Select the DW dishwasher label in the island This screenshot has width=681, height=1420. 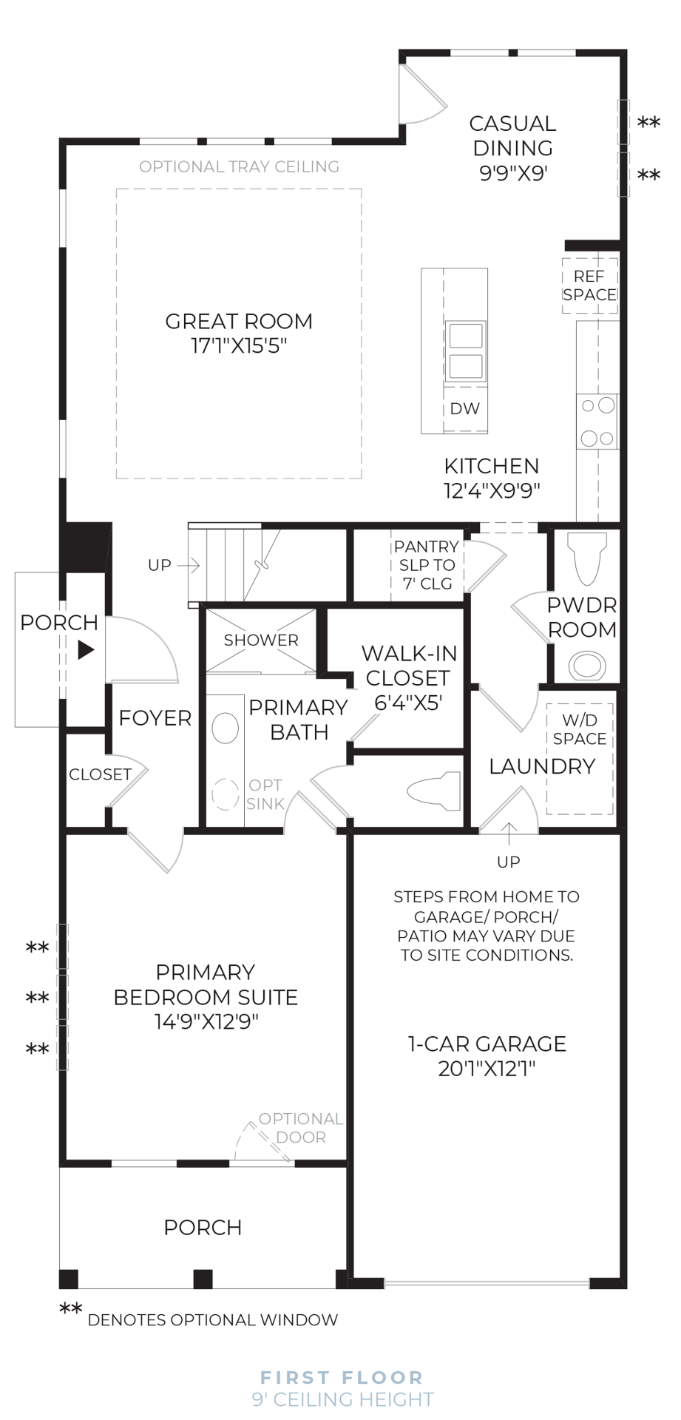coord(464,408)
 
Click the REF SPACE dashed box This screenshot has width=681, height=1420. coord(589,285)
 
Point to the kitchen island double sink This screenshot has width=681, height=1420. coord(465,351)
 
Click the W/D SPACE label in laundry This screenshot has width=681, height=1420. coord(580,729)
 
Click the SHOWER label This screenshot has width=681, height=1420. coord(261,640)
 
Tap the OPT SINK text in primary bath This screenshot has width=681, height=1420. coord(265,794)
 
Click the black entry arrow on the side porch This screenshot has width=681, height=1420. coord(87,650)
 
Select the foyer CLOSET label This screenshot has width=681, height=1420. coord(100,774)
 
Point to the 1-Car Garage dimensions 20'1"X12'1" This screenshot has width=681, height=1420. coord(487,1069)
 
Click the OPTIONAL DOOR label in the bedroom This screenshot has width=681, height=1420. coord(301,1128)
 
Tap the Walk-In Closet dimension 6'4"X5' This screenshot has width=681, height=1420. coord(408,703)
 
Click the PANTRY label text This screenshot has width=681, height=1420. coord(426,547)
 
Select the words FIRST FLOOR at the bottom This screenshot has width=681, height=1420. coord(342,1378)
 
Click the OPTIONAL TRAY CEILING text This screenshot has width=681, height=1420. coord(240,167)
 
